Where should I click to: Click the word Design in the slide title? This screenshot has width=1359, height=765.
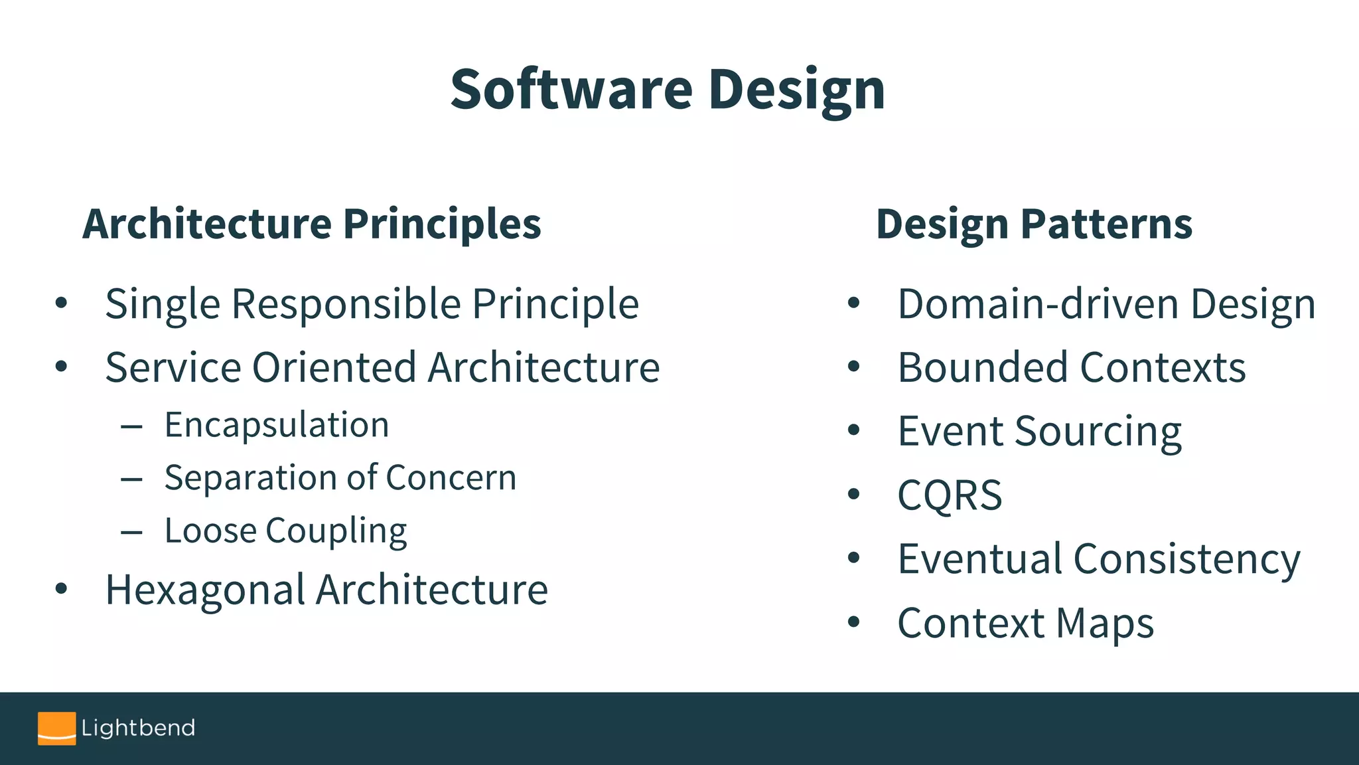(796, 92)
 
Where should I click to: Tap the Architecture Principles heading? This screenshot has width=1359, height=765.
(312, 224)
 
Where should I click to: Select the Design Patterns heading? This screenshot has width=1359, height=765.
(1034, 224)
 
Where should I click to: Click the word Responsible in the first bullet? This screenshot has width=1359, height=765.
(346, 304)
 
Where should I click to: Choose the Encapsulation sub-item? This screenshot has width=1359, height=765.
(277, 425)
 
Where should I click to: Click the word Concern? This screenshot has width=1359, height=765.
(451, 477)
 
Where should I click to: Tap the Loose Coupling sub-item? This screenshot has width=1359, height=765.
(285, 531)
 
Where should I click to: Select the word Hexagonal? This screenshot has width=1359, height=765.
(205, 590)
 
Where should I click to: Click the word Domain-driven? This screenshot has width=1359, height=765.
(1038, 304)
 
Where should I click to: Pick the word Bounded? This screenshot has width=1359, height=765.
(983, 367)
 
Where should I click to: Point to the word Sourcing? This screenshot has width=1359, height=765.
(1098, 432)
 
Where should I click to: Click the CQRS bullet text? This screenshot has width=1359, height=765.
(950, 495)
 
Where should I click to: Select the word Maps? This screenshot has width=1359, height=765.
(1105, 624)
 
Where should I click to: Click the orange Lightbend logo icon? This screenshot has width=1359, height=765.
(56, 728)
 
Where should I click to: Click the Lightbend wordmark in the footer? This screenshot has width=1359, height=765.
(138, 728)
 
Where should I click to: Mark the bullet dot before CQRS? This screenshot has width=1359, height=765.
(854, 494)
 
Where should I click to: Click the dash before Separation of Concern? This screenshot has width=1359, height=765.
(132, 478)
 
